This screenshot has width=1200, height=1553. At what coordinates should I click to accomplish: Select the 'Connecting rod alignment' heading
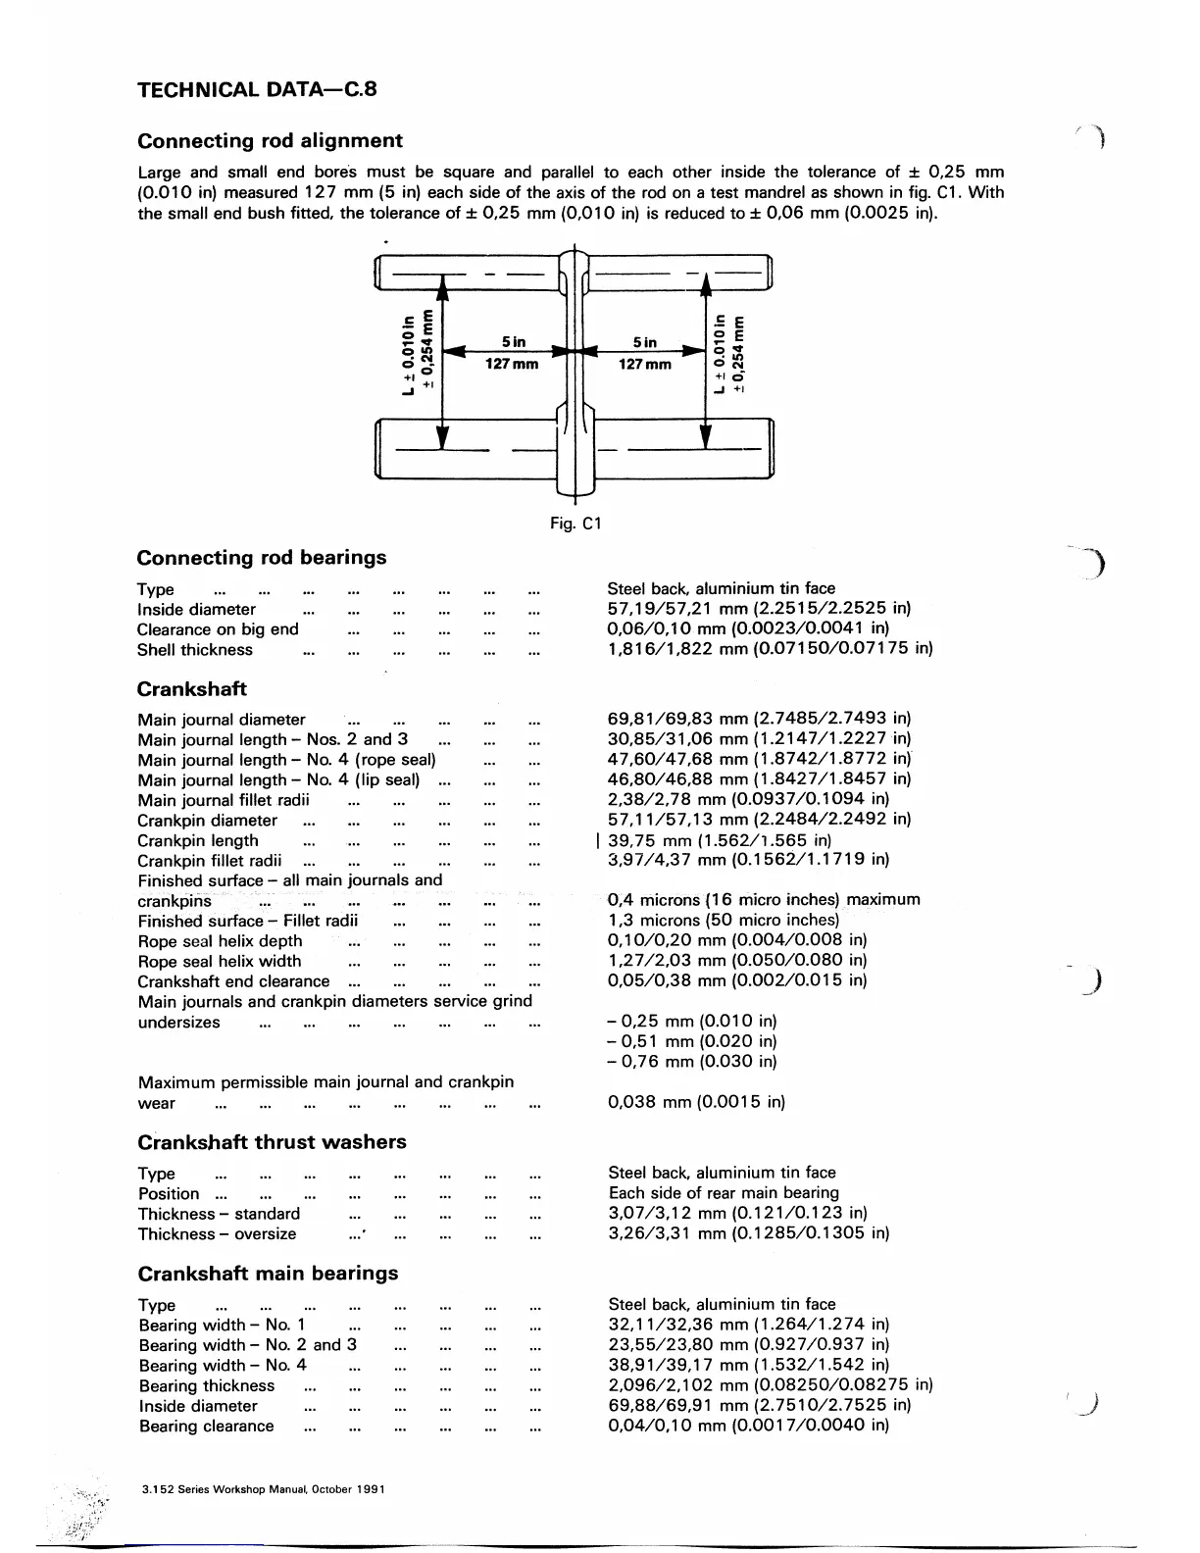coord(270,140)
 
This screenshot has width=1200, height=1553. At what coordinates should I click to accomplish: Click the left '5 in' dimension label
coord(513,342)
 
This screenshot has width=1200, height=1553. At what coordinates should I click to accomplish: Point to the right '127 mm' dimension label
coord(644,364)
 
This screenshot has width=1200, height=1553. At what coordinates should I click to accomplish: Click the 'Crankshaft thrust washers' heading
coord(272,1142)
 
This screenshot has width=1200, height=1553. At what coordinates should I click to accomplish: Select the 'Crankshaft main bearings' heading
coord(268,1274)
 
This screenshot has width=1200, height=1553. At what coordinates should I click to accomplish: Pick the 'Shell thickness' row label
coord(195,650)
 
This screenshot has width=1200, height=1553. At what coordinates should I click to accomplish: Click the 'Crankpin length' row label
coord(198,840)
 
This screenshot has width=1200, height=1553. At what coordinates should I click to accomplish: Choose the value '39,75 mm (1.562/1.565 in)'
coord(720,840)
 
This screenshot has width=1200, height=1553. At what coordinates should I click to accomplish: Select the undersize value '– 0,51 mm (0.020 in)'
coord(692,1041)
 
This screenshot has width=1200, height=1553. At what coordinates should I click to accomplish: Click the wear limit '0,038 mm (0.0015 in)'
coord(697,1102)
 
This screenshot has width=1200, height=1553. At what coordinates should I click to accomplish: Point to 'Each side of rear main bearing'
coord(724,1193)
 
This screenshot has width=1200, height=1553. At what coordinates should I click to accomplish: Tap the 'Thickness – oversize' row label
coord(217,1234)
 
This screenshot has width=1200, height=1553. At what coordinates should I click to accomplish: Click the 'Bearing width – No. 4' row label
coord(223,1365)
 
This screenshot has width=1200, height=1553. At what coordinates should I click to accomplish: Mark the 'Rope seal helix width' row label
coord(220,962)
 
